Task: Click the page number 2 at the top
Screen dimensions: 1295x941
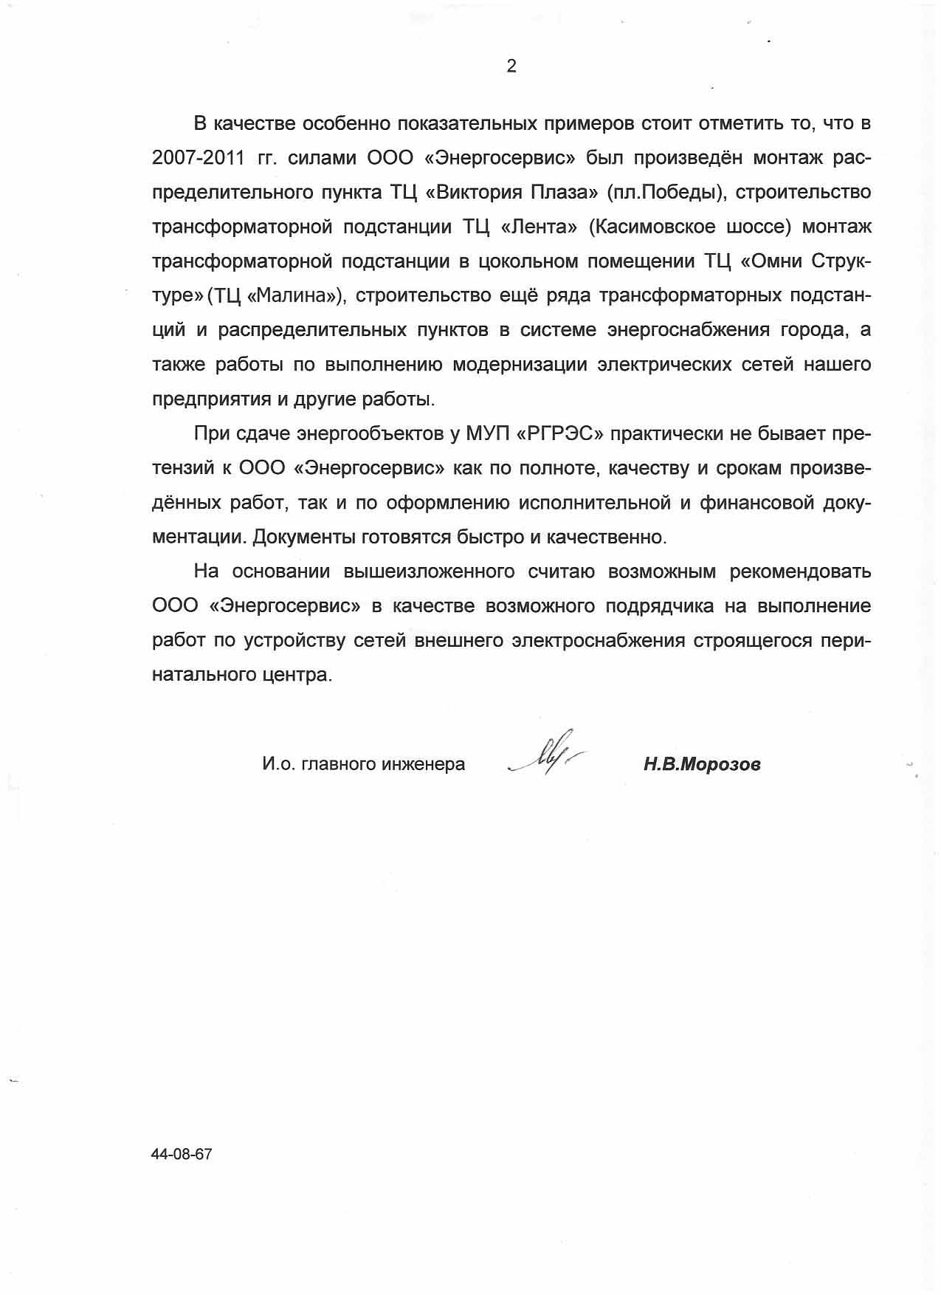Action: coord(511,66)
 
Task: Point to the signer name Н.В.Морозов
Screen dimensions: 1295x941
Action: coord(701,764)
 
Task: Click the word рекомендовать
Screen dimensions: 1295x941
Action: coord(800,571)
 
